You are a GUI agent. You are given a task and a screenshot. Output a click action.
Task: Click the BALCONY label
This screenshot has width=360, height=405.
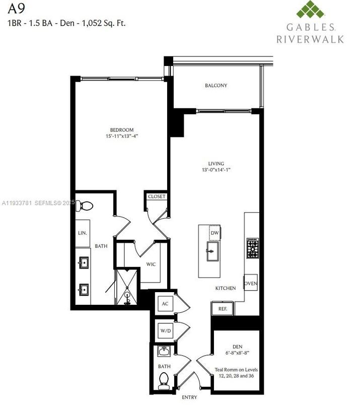click(216, 86)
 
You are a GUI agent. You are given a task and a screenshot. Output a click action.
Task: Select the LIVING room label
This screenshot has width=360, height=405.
click(216, 164)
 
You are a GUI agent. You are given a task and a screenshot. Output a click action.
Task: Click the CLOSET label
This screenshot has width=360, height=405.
click(157, 196)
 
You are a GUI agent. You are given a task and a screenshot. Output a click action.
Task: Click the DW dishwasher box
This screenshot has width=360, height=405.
click(214, 233)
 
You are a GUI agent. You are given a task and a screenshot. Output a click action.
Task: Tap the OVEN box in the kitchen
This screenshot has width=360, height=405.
click(251, 284)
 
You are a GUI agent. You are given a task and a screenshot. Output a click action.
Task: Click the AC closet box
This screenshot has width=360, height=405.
click(164, 304)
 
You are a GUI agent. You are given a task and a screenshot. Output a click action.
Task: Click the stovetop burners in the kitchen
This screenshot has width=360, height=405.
click(252, 247)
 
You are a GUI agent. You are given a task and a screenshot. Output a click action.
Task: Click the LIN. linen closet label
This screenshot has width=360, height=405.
click(83, 233)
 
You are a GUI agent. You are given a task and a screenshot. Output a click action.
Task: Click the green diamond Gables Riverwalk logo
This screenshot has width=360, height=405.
click(310, 11)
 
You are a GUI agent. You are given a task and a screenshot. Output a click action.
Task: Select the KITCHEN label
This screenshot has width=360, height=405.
click(226, 288)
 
